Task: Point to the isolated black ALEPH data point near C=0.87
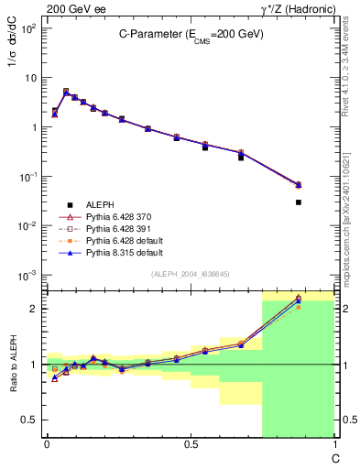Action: click(299, 202)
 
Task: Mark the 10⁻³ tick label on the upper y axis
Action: click(27, 275)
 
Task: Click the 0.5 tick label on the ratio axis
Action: click(31, 420)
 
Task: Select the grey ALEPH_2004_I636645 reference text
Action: click(190, 275)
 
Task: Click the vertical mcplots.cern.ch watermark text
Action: click(345, 211)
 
